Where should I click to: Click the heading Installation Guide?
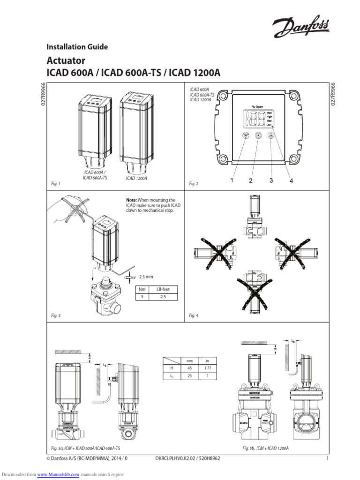pos(77,47)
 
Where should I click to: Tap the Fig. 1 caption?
pos(56,184)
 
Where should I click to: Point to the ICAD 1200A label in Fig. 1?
pos(136,179)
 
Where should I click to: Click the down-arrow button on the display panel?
pos(245,135)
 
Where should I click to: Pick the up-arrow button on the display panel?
pos(271,135)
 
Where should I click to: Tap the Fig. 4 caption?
pos(194,316)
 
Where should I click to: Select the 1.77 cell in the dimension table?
pos(207,368)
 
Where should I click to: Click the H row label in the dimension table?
pos(172,368)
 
